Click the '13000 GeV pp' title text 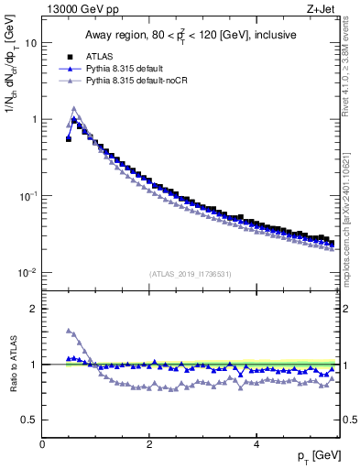(84, 10)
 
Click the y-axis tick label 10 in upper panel (31, 43)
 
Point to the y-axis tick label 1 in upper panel (34, 120)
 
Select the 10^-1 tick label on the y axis (28, 196)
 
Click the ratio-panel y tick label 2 (34, 309)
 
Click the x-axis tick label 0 (42, 443)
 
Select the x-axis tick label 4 (256, 443)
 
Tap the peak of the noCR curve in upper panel (74, 108)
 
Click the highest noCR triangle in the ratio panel (69, 331)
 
